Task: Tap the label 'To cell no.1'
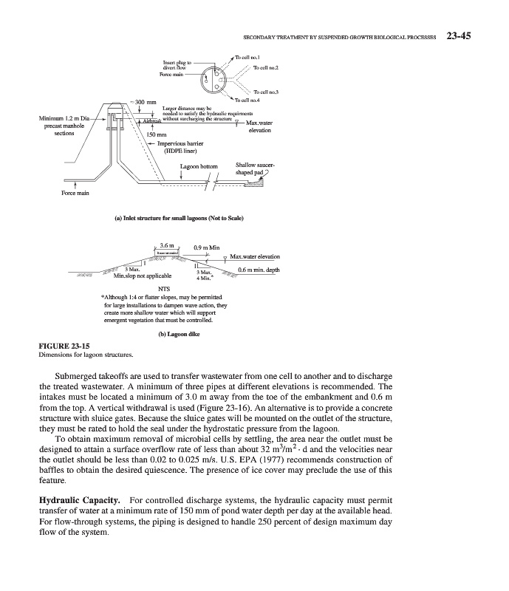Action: [252, 57]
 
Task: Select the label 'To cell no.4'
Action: [248, 100]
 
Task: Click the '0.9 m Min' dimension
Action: [207, 247]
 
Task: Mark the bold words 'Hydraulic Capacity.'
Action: [80, 501]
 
